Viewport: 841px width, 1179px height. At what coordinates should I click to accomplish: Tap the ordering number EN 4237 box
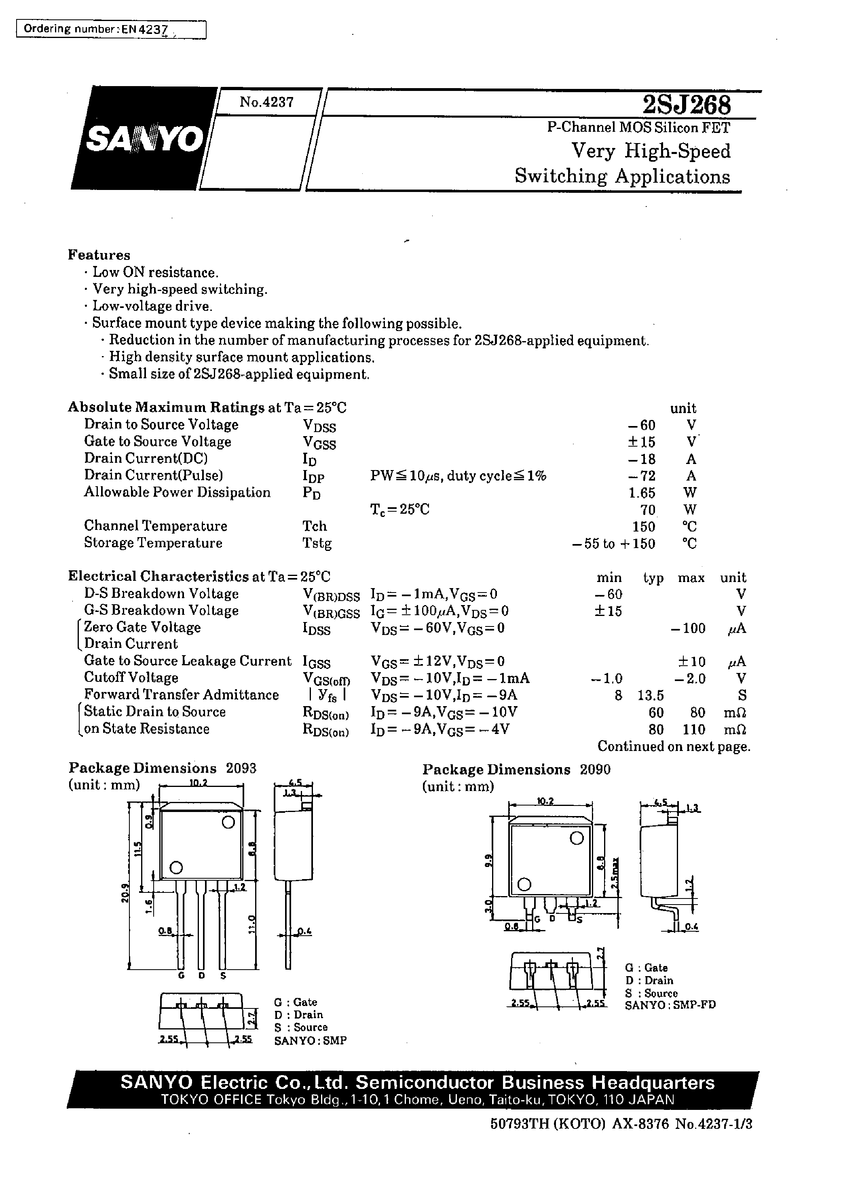111,30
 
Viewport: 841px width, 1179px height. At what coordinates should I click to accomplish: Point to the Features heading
99,255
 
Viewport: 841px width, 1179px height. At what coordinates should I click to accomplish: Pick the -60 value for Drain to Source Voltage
642,426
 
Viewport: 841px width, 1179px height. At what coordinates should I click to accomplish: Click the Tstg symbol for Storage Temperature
317,544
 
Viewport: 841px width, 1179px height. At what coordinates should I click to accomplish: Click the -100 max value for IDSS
688,629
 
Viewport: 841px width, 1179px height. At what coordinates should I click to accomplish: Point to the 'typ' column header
653,578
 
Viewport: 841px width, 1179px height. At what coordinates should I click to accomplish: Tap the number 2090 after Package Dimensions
595,770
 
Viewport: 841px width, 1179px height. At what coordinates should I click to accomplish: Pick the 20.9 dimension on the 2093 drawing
124,893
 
